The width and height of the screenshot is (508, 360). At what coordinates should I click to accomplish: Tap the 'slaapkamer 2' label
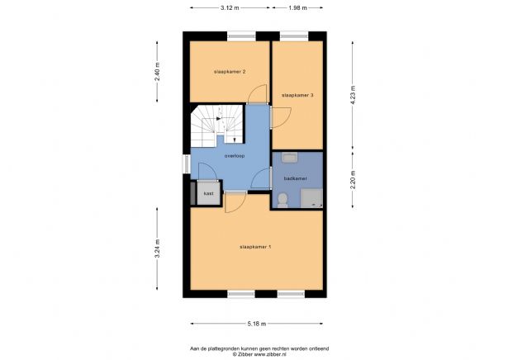(x=230, y=72)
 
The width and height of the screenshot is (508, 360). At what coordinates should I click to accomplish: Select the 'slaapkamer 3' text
(x=297, y=95)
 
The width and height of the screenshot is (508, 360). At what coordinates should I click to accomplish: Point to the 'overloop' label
(x=234, y=155)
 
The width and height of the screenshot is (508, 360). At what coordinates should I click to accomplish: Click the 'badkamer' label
(x=295, y=178)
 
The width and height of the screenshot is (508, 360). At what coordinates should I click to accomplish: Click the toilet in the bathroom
(x=283, y=198)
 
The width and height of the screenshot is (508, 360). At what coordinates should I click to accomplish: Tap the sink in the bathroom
(x=288, y=158)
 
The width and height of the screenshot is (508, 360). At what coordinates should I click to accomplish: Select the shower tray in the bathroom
(x=311, y=197)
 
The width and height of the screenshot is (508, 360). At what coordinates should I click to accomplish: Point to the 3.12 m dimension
(x=230, y=7)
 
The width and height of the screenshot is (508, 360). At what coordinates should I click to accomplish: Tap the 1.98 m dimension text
(x=297, y=7)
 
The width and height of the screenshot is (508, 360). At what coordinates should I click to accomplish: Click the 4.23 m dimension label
(x=353, y=92)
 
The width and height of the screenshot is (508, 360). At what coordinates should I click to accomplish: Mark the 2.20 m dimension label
(x=353, y=179)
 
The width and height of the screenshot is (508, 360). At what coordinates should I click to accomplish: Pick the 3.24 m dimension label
(x=157, y=249)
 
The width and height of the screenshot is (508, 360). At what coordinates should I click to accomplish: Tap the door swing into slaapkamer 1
(x=235, y=201)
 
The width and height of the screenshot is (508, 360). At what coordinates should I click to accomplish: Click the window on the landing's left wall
(x=187, y=164)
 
